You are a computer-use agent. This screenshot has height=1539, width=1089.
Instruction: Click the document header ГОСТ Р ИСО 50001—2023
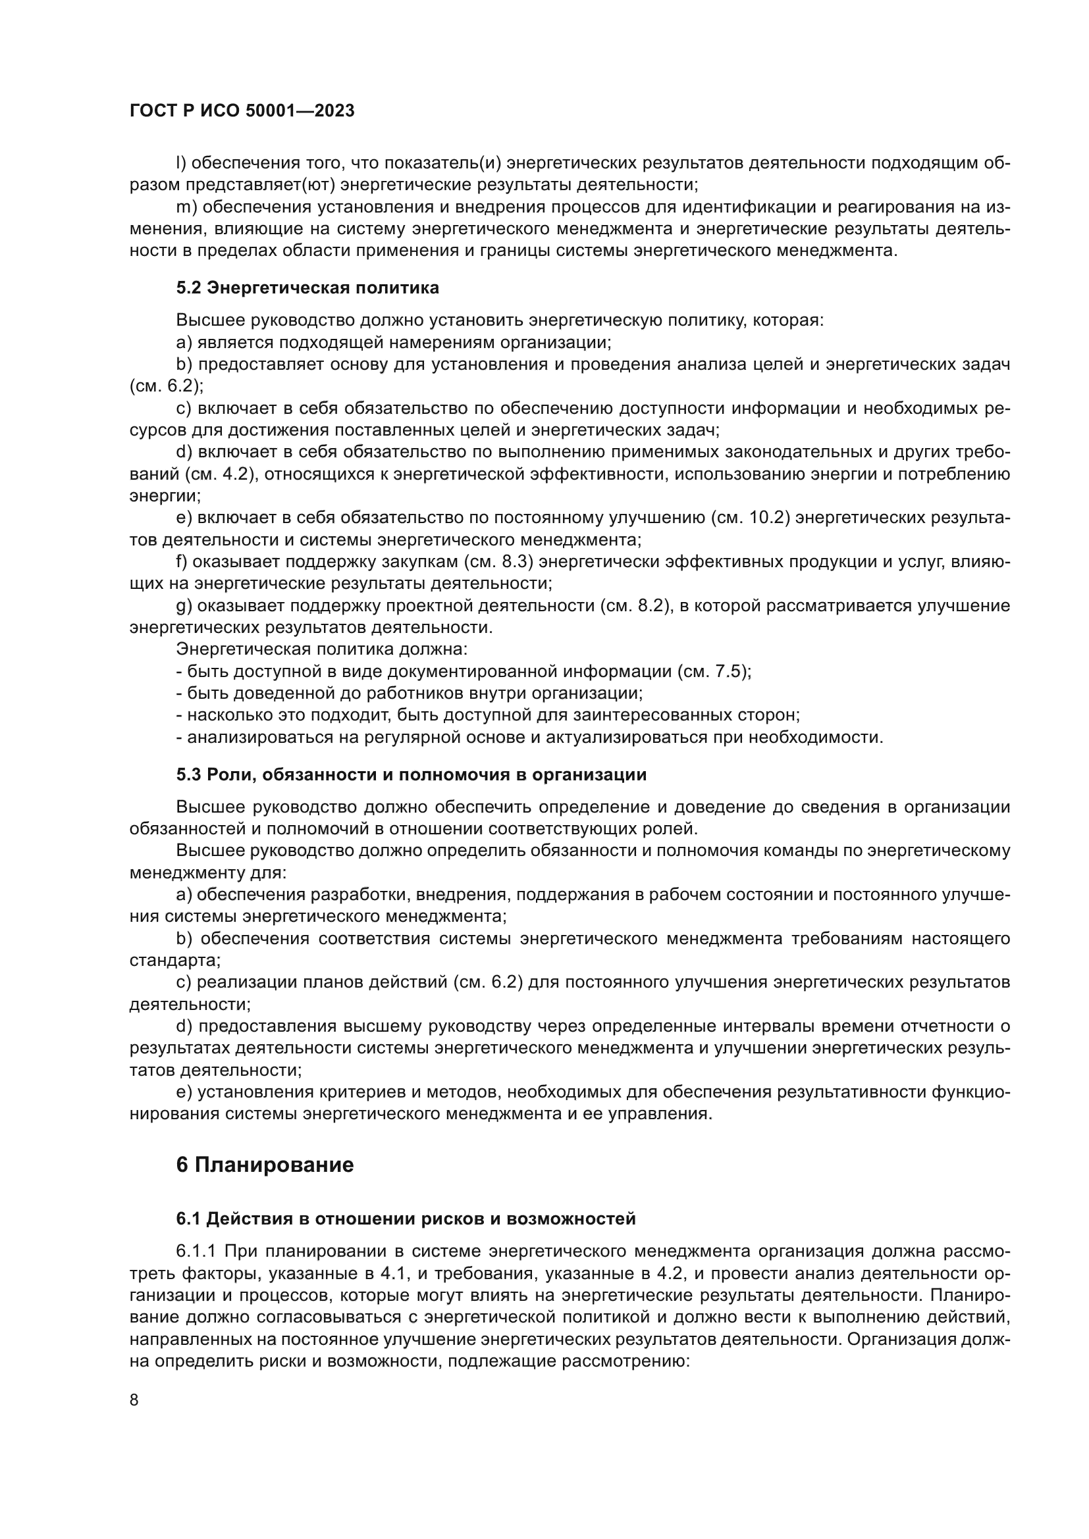click(242, 111)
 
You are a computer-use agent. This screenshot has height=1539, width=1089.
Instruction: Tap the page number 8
click(134, 1400)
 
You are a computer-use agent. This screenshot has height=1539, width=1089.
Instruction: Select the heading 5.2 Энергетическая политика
click(307, 288)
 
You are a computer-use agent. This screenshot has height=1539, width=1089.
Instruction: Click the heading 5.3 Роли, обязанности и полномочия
click(411, 775)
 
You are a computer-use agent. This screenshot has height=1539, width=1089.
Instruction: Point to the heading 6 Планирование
click(265, 1165)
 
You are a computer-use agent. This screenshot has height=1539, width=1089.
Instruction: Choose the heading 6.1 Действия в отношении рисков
click(406, 1219)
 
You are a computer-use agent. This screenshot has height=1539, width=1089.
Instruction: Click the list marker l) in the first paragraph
click(180, 163)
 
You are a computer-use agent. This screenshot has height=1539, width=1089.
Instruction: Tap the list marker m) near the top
click(184, 207)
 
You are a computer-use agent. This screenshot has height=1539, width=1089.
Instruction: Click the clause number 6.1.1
click(196, 1251)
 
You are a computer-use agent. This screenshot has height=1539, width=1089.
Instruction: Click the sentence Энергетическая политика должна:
click(322, 649)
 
